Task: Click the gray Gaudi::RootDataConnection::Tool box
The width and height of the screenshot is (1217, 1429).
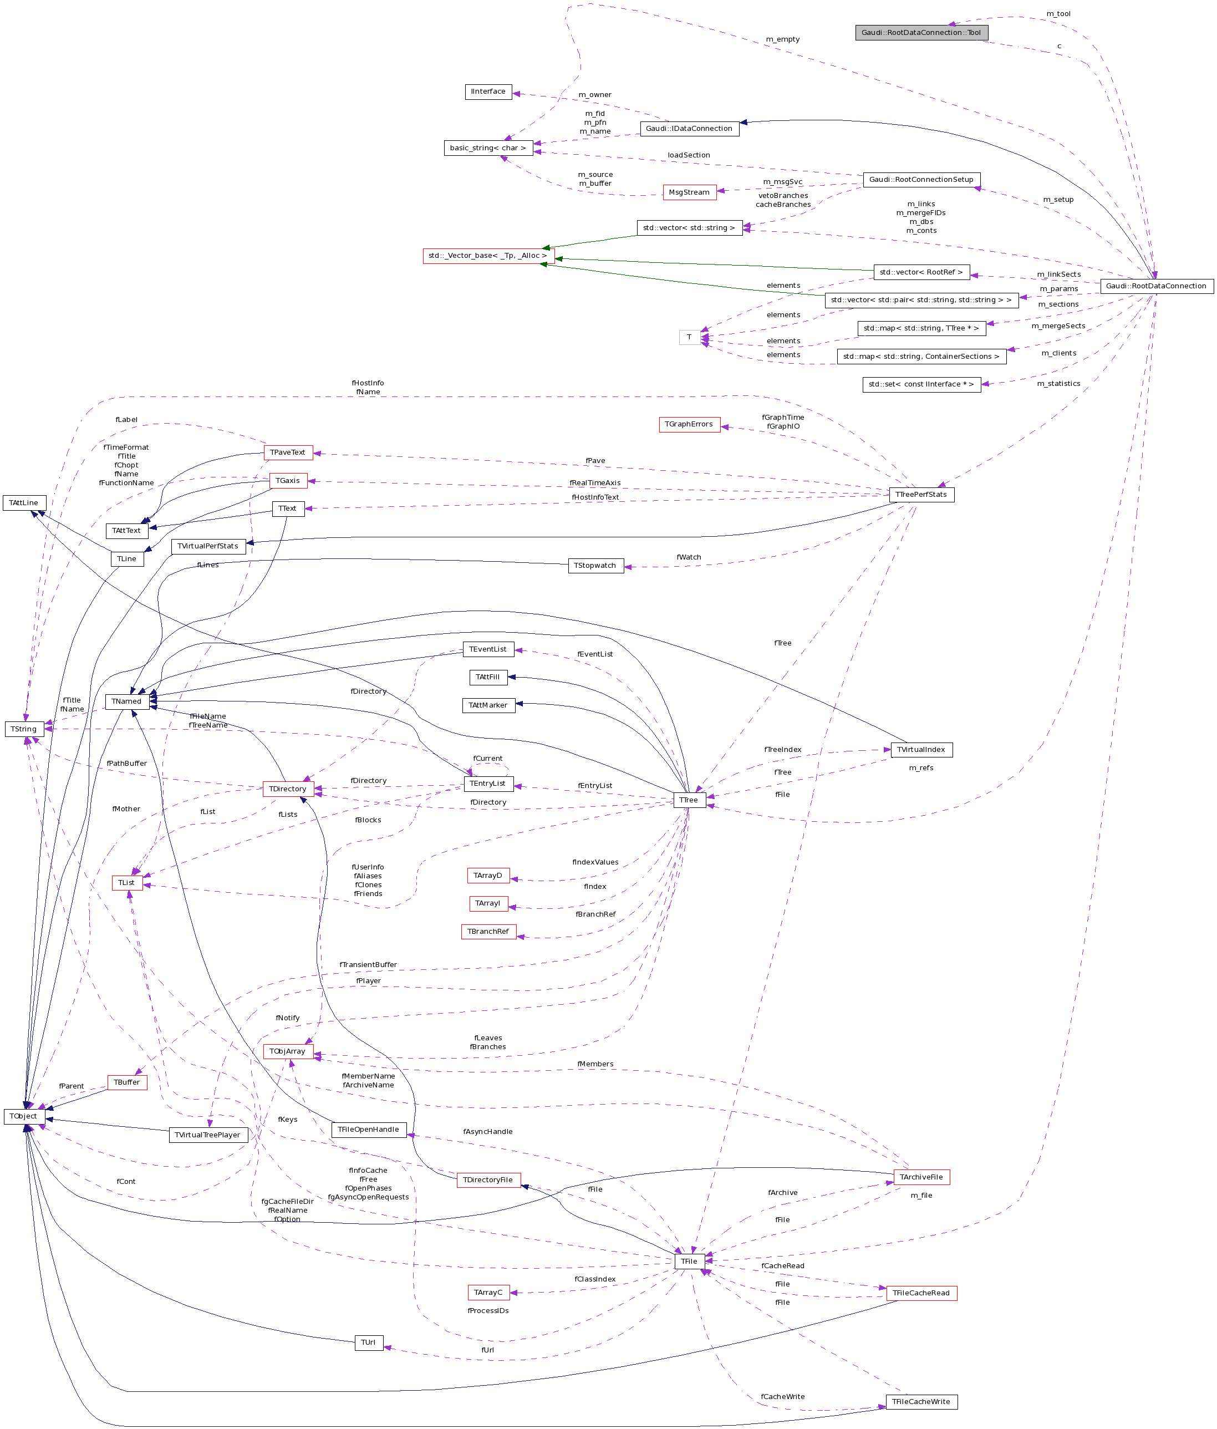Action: click(x=921, y=32)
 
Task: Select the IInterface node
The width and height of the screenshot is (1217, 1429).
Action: click(x=488, y=91)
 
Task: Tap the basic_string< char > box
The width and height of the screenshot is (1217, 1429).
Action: click(x=488, y=148)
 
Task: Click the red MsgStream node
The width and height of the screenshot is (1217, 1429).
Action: click(x=689, y=192)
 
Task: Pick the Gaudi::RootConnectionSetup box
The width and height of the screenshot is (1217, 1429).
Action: click(x=921, y=180)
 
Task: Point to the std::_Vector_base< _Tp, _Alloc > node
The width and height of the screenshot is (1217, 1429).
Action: click(x=488, y=256)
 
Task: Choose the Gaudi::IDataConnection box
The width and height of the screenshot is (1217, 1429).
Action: click(x=689, y=129)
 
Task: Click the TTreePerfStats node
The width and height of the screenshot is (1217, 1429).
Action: click(x=921, y=495)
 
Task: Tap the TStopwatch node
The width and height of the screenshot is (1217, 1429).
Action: click(x=595, y=566)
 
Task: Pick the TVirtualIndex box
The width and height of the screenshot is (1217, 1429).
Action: click(x=921, y=750)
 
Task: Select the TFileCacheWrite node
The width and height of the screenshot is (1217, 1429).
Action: click(x=921, y=1401)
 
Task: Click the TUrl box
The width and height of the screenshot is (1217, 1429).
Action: click(x=369, y=1342)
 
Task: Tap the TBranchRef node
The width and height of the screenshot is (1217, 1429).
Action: click(x=488, y=931)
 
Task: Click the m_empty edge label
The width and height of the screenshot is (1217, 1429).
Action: click(x=783, y=39)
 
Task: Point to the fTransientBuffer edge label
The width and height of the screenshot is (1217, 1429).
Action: click(x=368, y=964)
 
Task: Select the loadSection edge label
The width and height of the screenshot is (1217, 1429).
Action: click(x=689, y=155)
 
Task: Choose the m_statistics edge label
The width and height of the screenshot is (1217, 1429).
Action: click(x=1058, y=384)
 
